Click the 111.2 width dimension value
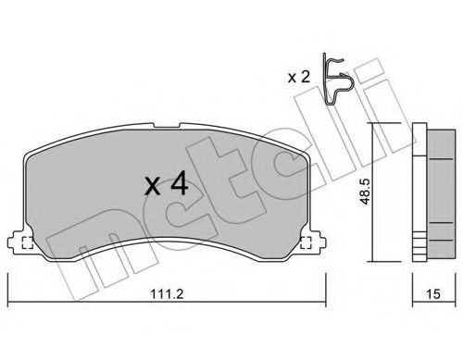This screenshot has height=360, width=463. [x=167, y=293]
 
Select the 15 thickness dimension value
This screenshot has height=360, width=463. [x=433, y=294]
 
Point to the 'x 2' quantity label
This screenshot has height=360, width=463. [x=298, y=77]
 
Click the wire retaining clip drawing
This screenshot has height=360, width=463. [x=336, y=80]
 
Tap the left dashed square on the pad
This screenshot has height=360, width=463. [x=28, y=242]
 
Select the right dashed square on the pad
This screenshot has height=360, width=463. [x=306, y=242]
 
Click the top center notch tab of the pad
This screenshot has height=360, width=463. [x=167, y=126]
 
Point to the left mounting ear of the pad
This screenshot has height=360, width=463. [x=17, y=242]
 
